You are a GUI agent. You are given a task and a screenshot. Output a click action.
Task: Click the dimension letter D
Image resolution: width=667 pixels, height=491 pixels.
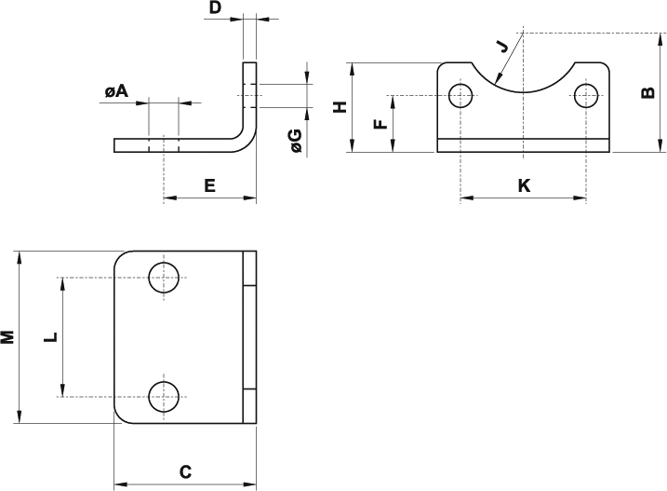216,7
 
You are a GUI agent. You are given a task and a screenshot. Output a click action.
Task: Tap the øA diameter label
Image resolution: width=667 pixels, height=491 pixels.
116,90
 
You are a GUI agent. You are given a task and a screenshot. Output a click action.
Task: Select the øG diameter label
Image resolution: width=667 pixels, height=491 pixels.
296,141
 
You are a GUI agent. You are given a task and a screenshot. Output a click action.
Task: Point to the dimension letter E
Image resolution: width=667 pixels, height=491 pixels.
209,185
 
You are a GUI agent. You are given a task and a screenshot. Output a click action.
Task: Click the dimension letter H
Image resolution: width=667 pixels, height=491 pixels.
340,107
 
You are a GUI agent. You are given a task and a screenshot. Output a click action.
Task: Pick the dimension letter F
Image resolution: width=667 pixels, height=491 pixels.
380,124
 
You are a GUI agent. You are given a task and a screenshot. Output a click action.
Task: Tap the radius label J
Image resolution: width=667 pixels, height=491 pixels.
502,46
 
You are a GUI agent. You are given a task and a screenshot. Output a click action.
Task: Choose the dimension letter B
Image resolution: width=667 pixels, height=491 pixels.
647,92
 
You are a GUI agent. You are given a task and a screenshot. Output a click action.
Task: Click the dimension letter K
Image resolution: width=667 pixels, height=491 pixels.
524,185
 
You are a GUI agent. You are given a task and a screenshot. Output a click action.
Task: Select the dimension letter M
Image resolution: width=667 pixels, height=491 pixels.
7,336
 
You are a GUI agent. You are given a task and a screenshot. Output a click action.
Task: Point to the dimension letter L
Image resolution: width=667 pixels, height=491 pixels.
50,336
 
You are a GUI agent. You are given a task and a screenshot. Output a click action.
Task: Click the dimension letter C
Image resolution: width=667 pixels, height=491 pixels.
185,472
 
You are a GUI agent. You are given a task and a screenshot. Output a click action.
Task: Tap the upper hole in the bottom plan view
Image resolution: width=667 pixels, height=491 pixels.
164,278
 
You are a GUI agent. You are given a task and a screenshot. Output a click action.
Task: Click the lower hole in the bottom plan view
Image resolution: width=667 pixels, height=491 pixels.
164,397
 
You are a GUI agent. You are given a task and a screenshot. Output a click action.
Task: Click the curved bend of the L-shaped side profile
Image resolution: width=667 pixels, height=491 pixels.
248,144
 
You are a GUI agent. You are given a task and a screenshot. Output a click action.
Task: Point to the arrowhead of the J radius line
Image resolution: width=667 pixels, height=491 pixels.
498,78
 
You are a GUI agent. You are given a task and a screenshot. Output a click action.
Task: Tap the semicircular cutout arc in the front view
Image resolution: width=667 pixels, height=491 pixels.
523,92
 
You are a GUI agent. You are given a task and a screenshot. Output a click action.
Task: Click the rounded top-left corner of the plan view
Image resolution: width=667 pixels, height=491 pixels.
120,257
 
